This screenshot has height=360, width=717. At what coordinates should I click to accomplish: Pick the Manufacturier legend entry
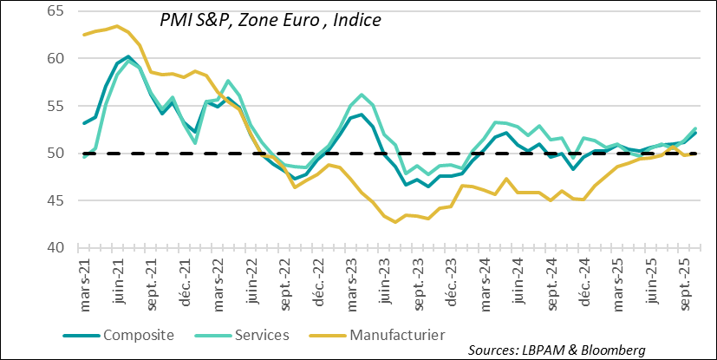[397, 334]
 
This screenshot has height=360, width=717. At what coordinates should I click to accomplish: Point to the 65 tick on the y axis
[53, 11]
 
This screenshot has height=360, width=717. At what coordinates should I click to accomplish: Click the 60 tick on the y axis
[53, 58]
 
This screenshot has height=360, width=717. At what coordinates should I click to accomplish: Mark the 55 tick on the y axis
[53, 106]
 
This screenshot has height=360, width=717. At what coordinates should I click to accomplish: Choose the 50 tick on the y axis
[53, 154]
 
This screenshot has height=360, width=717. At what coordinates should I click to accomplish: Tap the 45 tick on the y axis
[53, 200]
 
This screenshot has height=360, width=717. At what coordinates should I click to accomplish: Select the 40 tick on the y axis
[53, 248]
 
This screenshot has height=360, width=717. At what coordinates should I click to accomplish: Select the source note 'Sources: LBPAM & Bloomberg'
[557, 350]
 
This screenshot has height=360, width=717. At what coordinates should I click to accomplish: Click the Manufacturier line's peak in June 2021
[117, 26]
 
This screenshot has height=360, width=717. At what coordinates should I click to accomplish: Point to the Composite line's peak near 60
[128, 56]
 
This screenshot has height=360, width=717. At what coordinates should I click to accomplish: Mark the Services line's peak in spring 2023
[361, 95]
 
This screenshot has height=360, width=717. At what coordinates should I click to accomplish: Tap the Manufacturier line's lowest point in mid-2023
[396, 222]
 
